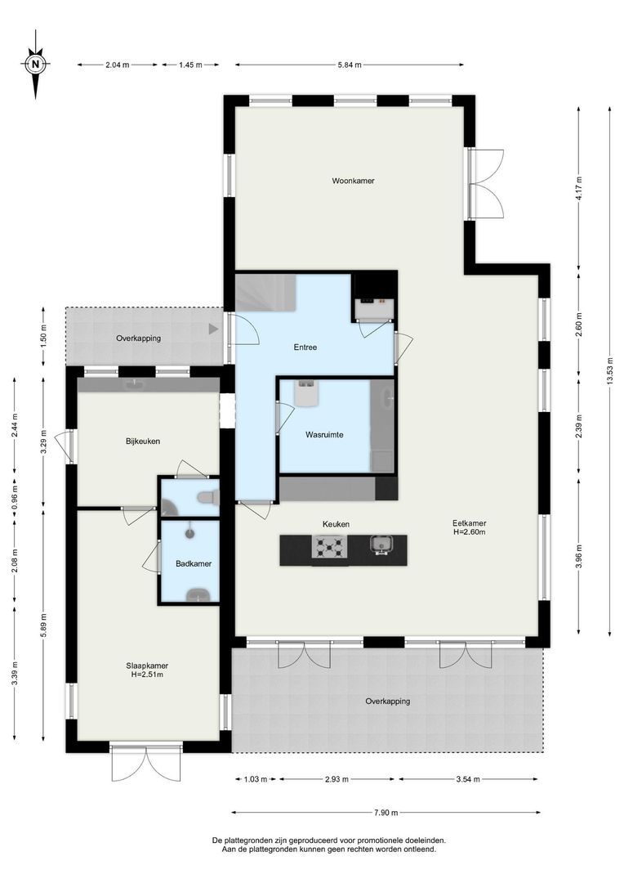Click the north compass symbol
(35, 64)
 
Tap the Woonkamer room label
(353, 181)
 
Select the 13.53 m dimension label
(609, 372)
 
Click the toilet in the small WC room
(207, 497)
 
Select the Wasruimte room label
(324, 435)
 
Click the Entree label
(305, 347)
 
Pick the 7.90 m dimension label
(386, 813)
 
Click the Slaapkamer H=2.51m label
(147, 670)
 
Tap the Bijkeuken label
(143, 441)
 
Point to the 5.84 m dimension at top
(350, 65)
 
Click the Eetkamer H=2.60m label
(470, 527)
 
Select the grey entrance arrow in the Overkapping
(213, 329)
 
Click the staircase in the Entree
(265, 292)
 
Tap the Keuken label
(336, 524)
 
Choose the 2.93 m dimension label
(337, 779)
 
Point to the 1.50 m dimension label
(43, 336)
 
